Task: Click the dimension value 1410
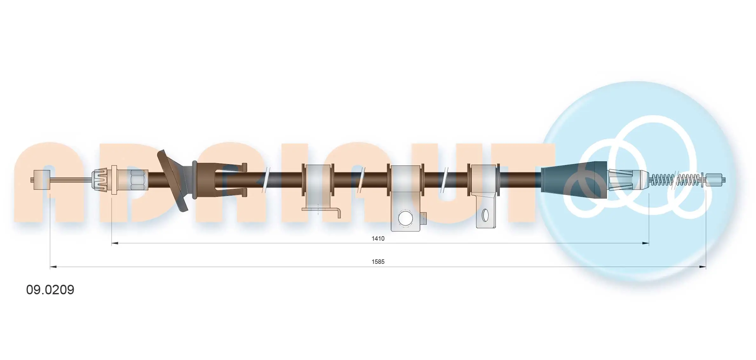378,238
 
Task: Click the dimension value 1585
378,262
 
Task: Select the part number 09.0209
50,290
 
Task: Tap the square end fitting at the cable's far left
42,180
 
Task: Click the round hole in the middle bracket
405,218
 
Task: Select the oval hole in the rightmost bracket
485,215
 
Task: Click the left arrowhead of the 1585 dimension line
53,267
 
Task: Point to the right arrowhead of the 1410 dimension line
645,243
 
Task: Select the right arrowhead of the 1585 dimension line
703,267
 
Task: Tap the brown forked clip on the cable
219,179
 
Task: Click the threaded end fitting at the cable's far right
715,180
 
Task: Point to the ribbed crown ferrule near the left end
100,180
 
